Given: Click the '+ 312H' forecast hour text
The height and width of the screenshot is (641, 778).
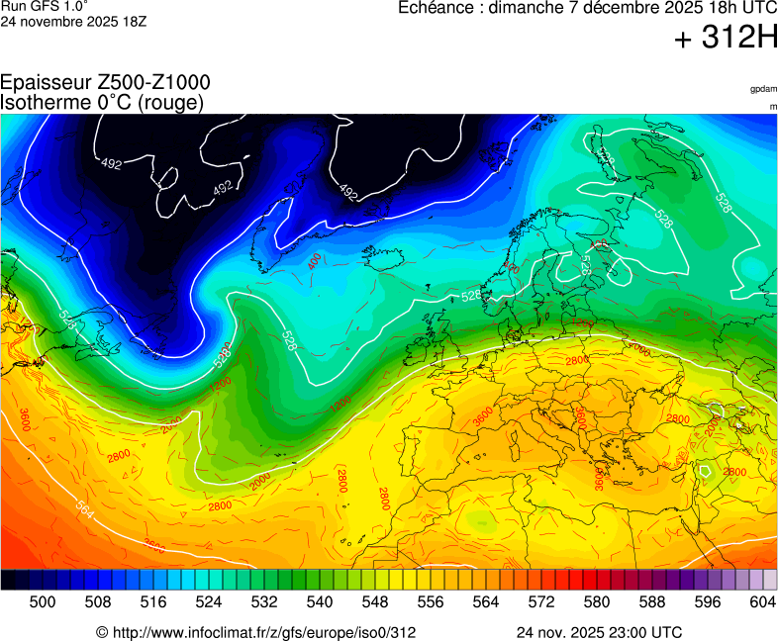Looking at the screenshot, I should tap(726, 39).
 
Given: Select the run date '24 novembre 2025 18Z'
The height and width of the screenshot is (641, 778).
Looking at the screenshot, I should tap(73, 21).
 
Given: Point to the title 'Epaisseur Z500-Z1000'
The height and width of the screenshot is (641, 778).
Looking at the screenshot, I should tap(105, 84).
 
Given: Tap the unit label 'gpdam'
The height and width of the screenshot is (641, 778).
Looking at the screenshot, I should tap(763, 89).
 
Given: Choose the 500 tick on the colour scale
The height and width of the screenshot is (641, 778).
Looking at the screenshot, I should tap(42, 601).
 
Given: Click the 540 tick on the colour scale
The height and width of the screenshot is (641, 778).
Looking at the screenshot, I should tap(319, 601).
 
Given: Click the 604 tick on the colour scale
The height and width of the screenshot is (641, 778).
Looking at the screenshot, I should tap(762, 601).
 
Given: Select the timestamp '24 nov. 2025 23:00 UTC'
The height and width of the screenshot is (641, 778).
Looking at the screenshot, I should tap(599, 632).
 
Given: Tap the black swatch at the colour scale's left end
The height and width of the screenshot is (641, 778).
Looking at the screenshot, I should tap(8, 581).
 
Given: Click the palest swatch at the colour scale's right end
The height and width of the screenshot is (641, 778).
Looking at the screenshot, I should tap(769, 581).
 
